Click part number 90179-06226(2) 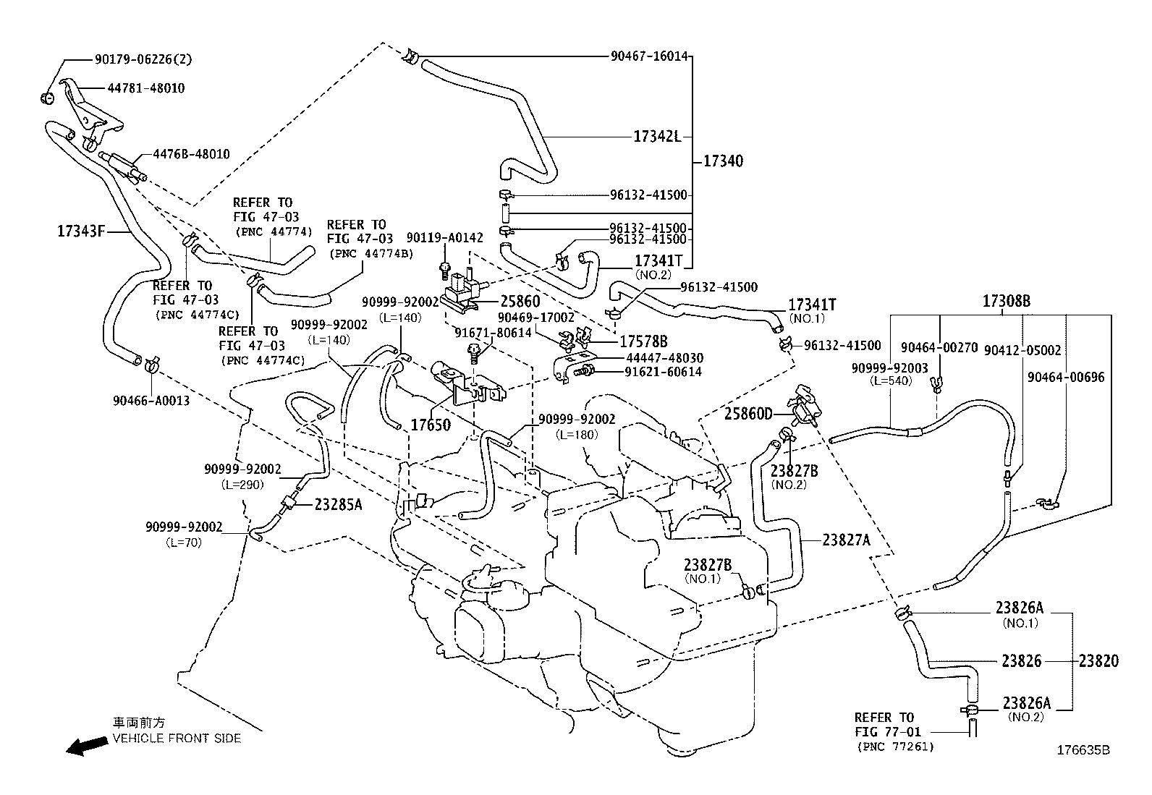pyautogui.click(x=143, y=59)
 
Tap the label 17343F pyautogui.click(x=82, y=231)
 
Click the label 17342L pyautogui.click(x=657, y=136)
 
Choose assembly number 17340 pyautogui.click(x=723, y=161)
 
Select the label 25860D pyautogui.click(x=748, y=414)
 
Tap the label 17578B pyautogui.click(x=643, y=341)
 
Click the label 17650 pyautogui.click(x=431, y=425)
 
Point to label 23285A pyautogui.click(x=338, y=505)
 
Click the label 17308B pyautogui.click(x=1006, y=302)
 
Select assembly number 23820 pyautogui.click(x=1098, y=660)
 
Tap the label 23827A pyautogui.click(x=846, y=539)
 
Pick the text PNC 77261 pyautogui.click(x=894, y=747)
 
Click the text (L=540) pyautogui.click(x=889, y=381)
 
